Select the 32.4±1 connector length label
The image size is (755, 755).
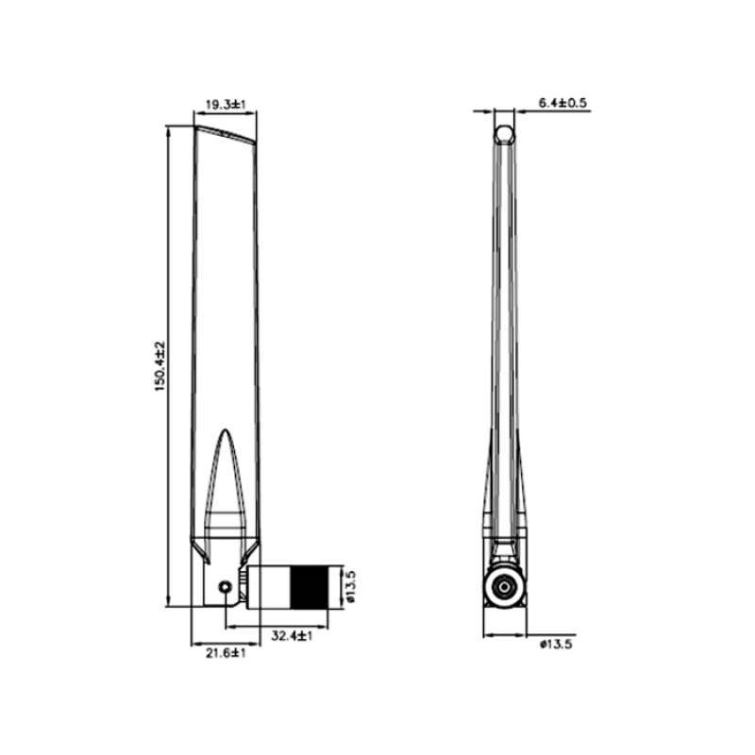(292, 637)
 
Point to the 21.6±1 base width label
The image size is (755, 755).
(226, 652)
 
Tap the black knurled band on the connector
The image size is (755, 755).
(309, 586)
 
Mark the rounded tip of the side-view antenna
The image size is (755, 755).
(506, 133)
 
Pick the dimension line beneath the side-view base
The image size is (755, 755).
(505, 634)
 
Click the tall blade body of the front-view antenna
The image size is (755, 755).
(224, 302)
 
